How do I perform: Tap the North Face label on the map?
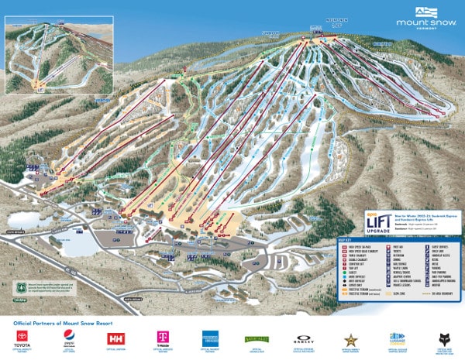382,44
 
